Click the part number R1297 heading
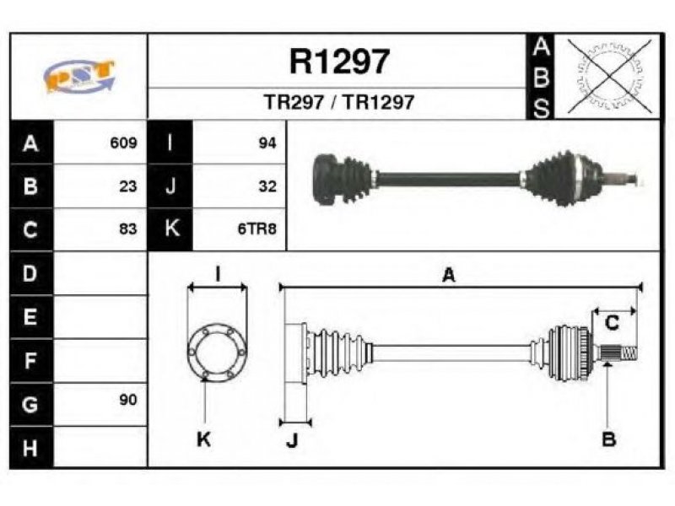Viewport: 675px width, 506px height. pyautogui.click(x=340, y=62)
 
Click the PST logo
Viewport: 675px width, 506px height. pyautogui.click(x=79, y=77)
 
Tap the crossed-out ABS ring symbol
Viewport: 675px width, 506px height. pyautogui.click(x=608, y=76)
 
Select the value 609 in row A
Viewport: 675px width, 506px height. pyautogui.click(x=123, y=143)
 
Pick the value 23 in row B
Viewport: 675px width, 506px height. pyautogui.click(x=128, y=186)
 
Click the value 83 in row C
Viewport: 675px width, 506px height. pyautogui.click(x=128, y=229)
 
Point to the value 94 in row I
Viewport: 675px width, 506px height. pyautogui.click(x=267, y=143)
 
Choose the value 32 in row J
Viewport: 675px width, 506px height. pyautogui.click(x=267, y=186)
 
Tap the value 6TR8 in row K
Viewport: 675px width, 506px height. pyautogui.click(x=257, y=229)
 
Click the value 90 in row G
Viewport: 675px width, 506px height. pyautogui.click(x=128, y=400)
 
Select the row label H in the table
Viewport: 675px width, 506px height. pyautogui.click(x=30, y=448)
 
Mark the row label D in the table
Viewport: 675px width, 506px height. pyautogui.click(x=30, y=273)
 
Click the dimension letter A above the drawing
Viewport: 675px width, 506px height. pyautogui.click(x=449, y=275)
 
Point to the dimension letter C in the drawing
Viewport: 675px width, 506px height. pyautogui.click(x=612, y=322)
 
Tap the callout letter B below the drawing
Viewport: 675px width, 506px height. pyautogui.click(x=608, y=439)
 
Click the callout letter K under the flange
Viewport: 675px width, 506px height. pyautogui.click(x=203, y=439)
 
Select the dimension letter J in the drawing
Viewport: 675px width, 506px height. pyautogui.click(x=292, y=440)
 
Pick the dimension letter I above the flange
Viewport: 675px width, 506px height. pyautogui.click(x=218, y=274)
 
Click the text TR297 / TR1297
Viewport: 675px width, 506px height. pyautogui.click(x=339, y=102)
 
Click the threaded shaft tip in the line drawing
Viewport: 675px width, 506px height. pyautogui.click(x=629, y=353)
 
